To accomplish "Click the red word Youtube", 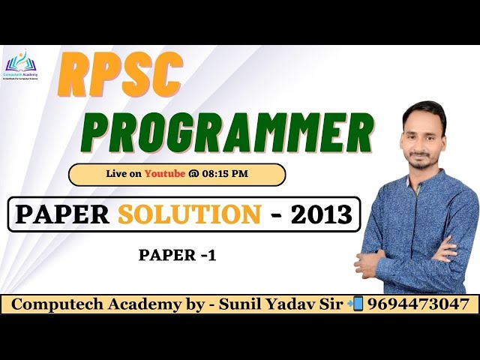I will click(x=165, y=174).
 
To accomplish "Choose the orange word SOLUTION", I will click(x=190, y=214).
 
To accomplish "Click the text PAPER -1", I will click(x=178, y=255).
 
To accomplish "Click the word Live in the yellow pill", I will click(x=118, y=174).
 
